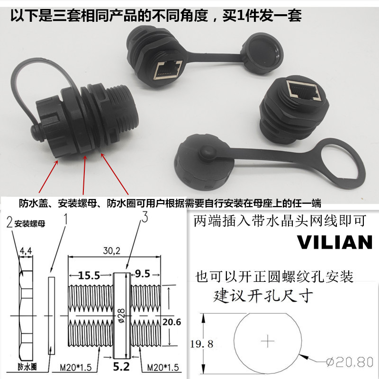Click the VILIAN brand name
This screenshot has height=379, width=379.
click(334, 242)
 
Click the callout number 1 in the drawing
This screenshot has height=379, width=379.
click(66, 219)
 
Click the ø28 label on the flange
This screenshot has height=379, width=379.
click(121, 316)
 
